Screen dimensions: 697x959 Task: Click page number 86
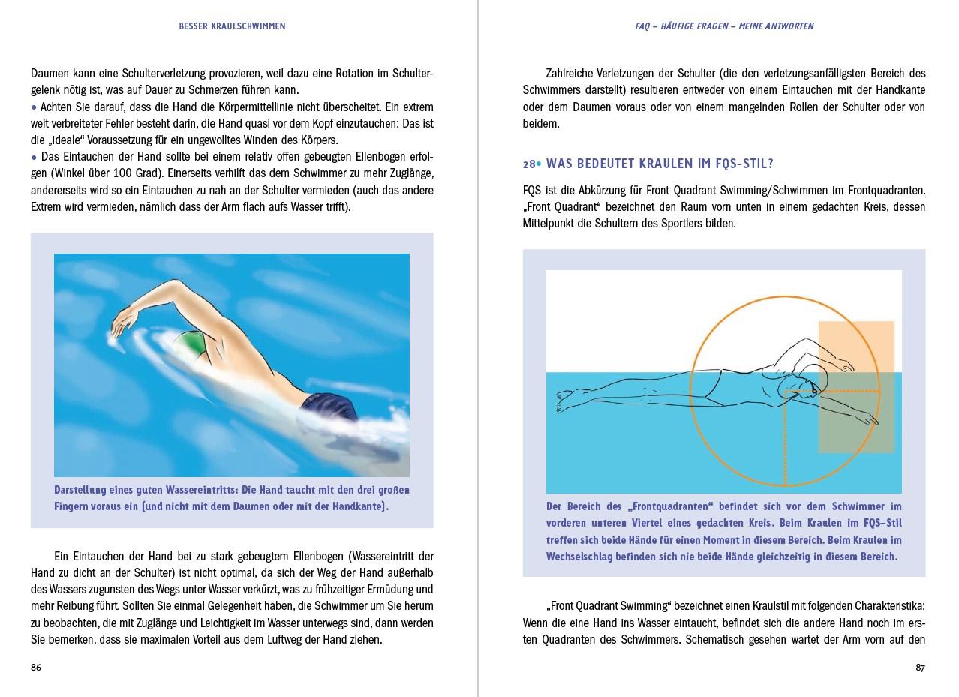(36, 668)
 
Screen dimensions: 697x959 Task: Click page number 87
(920, 668)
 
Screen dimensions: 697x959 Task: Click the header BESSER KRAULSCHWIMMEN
(232, 26)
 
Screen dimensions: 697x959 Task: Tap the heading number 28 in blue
(530, 164)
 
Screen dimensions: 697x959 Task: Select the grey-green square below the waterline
(855, 413)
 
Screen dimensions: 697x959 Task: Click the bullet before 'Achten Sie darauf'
(34, 107)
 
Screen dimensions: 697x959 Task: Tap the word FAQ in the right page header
(642, 26)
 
